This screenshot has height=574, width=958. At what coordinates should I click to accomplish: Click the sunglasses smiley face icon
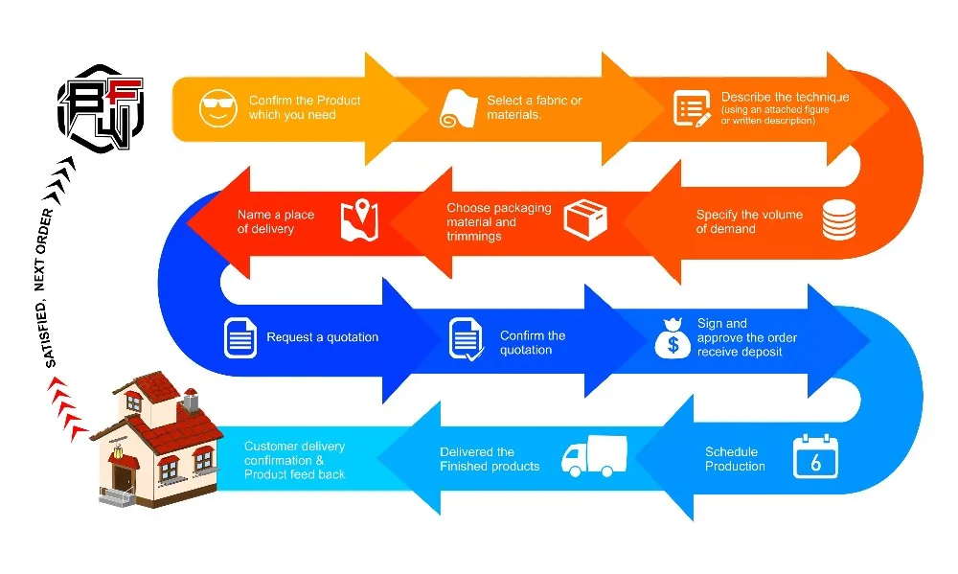217,107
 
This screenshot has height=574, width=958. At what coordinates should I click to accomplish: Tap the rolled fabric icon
458,108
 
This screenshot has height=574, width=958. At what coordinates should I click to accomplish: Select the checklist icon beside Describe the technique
691,108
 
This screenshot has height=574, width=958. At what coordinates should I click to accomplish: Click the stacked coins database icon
839,221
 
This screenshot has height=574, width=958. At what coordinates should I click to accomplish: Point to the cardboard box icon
585,220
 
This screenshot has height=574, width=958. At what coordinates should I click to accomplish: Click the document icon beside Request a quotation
240,337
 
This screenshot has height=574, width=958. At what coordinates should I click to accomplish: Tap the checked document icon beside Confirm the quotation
467,339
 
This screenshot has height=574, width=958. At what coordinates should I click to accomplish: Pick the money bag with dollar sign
673,338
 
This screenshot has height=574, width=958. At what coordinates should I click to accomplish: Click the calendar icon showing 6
815,457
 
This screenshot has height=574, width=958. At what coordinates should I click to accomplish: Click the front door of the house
122,474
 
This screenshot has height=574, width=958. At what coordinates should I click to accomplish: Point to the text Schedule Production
735,459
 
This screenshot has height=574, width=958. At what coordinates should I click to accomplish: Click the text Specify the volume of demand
749,221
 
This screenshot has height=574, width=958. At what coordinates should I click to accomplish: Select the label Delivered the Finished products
490,459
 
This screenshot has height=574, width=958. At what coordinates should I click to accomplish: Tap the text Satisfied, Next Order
51,288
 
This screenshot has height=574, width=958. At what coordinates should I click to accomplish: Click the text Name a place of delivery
276,221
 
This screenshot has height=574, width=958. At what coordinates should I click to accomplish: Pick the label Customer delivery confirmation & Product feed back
295,460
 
